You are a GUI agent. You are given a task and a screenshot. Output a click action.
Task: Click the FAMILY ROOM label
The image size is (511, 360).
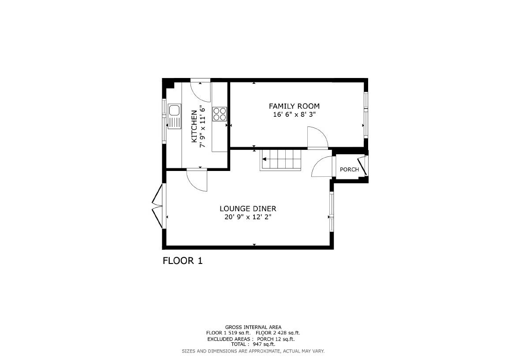point(294,106)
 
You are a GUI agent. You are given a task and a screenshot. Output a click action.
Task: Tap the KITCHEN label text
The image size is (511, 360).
point(194,126)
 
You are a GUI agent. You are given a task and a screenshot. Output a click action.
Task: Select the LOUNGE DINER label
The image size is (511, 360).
point(248,209)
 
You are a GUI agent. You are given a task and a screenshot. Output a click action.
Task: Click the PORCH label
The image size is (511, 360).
point(349,170)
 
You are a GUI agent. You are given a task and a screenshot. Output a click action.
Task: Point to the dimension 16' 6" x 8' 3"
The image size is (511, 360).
point(294,115)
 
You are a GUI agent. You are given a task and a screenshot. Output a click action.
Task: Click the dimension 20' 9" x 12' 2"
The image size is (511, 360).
point(248,217)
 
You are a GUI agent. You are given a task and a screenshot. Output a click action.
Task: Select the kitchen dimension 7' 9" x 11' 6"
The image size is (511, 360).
point(203,126)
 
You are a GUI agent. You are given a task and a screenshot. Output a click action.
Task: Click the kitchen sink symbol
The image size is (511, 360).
point(174,116)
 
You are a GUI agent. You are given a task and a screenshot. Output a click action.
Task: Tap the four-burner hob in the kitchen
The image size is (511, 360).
point(220,114)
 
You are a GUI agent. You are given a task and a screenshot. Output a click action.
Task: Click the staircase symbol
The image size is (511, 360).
point(281,159)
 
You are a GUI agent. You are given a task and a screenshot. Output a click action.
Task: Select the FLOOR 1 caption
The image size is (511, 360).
point(183,261)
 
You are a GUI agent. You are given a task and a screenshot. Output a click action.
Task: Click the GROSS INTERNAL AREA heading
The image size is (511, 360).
point(253,327)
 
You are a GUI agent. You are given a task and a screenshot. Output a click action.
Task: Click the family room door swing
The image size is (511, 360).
point(317,137)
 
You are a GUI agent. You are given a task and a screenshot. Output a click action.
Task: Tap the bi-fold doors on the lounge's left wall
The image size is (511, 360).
point(157,206)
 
